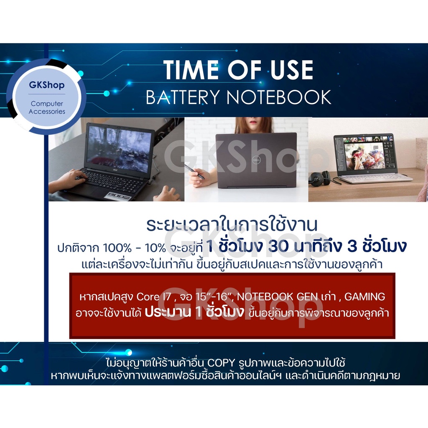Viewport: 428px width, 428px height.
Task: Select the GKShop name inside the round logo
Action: [47, 85]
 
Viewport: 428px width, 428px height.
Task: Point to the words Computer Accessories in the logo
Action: [47, 107]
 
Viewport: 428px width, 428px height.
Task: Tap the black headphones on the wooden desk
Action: [320, 178]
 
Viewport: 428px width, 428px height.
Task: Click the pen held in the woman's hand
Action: [194, 171]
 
